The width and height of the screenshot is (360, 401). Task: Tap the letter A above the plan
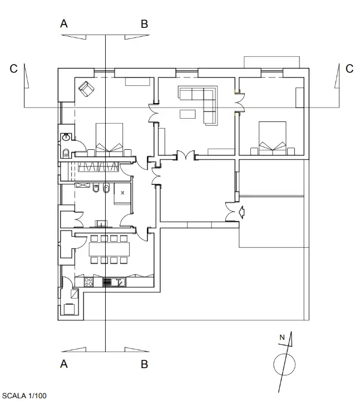coord(64,24)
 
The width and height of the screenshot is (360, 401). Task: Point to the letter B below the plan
coord(144,365)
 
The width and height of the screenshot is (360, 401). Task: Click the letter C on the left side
coord(14,69)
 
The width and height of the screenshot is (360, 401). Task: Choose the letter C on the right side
coord(349,69)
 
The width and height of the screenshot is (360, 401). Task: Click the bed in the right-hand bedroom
coord(272,138)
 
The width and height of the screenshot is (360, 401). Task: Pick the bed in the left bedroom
coord(110,139)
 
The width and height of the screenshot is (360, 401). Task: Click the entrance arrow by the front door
coord(241,212)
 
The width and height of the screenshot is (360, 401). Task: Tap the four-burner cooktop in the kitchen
coord(106,282)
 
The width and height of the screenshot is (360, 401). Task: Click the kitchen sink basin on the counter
coord(118,282)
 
